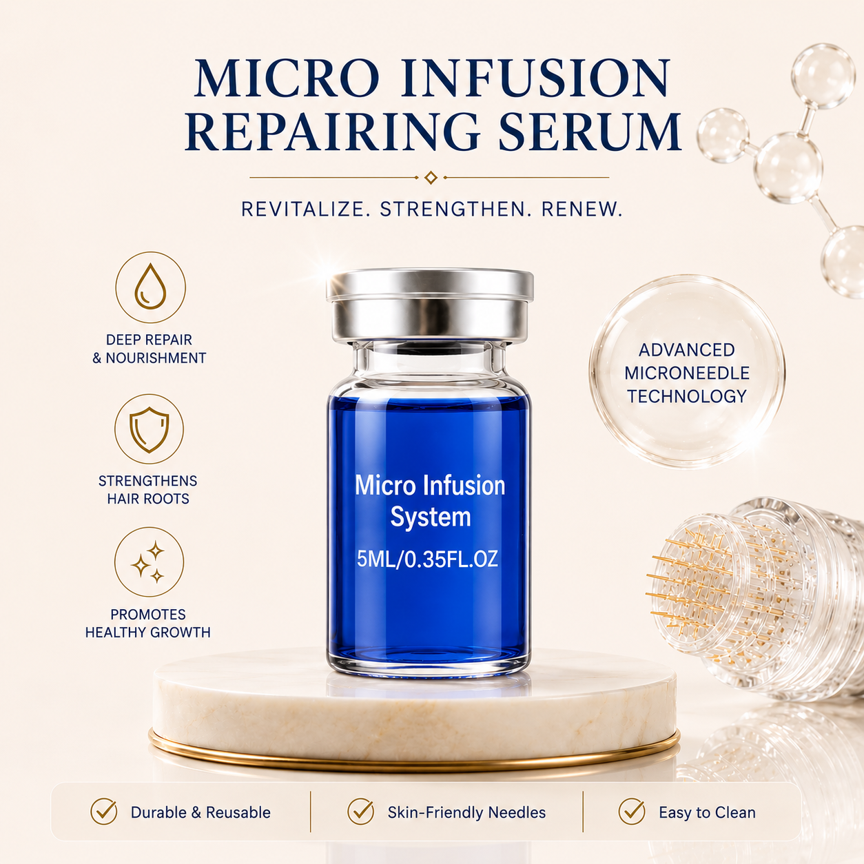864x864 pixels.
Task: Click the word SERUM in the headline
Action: (x=589, y=132)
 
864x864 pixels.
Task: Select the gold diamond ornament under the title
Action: (x=431, y=178)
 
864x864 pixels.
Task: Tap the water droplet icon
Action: (x=150, y=287)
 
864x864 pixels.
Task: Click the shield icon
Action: (x=149, y=429)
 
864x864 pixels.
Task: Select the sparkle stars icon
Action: (x=149, y=562)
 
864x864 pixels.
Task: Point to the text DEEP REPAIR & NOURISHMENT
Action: (x=149, y=349)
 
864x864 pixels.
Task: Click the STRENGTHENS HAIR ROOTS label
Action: (x=148, y=490)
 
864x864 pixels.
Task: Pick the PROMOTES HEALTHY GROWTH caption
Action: (x=148, y=624)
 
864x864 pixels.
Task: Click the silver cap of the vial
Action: (x=430, y=305)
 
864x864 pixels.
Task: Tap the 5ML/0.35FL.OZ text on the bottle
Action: (x=427, y=559)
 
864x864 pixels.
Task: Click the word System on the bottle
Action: (x=431, y=517)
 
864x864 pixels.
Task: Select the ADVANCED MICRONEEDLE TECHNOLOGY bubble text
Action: (x=687, y=373)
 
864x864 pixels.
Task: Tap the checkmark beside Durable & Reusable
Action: (x=103, y=811)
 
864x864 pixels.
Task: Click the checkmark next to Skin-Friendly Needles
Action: (x=360, y=811)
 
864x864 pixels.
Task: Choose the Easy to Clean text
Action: (x=707, y=812)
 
